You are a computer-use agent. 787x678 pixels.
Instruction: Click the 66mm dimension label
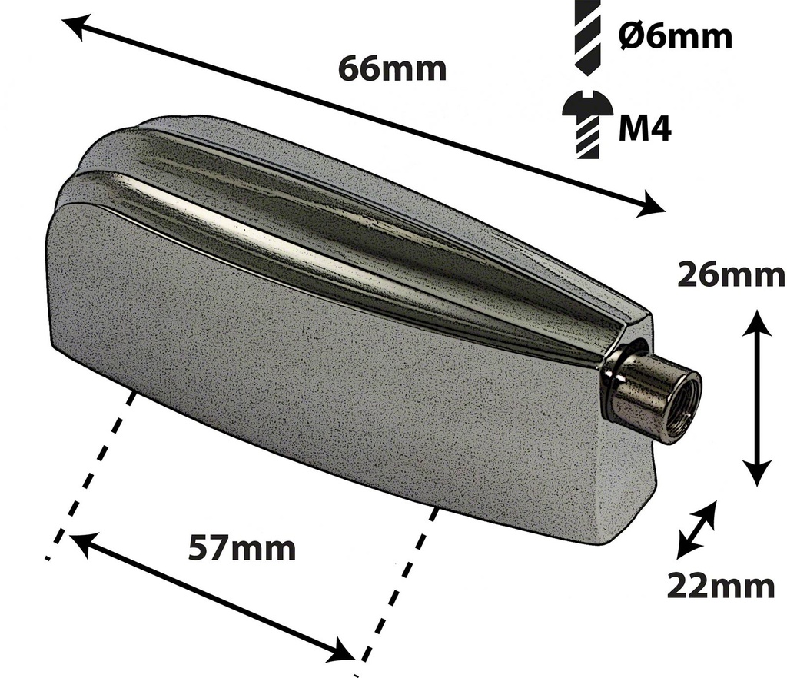[x=392, y=68]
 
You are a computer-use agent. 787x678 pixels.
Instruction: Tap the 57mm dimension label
[x=242, y=549]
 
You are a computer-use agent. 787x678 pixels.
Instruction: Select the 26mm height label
[x=730, y=275]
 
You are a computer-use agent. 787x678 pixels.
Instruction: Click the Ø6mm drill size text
[x=675, y=36]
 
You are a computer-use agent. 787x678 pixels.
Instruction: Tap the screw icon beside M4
[x=586, y=125]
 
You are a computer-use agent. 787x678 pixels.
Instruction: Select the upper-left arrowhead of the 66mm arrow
[x=73, y=27]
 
